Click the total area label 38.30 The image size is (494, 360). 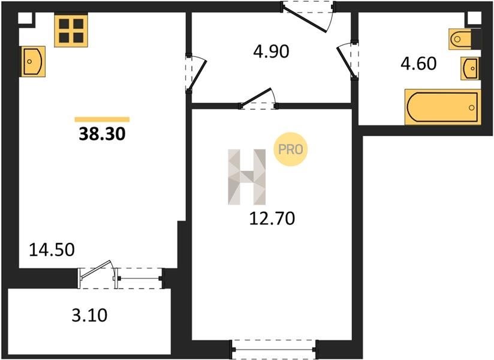102,134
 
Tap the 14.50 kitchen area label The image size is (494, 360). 52,250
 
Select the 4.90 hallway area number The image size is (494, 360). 271,52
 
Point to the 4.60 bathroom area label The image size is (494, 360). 418,63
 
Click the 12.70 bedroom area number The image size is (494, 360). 272,218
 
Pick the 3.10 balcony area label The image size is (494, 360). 89,315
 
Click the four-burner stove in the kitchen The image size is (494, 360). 71,31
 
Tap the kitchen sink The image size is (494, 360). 34,61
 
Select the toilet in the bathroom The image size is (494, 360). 460,39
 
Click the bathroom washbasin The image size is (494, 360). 470,68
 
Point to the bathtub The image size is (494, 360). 442,107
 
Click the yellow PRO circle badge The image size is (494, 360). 290,149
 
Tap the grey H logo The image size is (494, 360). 246,177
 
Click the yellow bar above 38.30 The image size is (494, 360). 102,119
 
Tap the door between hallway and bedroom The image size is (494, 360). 258,98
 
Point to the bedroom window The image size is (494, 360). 274,349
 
